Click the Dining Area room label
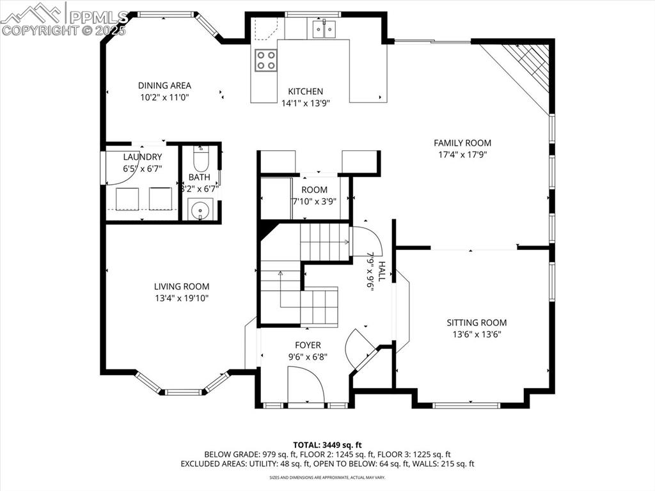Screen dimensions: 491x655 coord(164,86)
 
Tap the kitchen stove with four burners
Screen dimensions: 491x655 coord(266,60)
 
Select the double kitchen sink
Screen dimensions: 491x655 coord(324,29)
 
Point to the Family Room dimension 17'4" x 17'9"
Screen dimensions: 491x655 coord(462,155)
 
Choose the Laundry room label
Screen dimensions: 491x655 coord(143,157)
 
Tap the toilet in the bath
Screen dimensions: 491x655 coord(201,158)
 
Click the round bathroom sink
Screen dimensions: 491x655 coord(201,209)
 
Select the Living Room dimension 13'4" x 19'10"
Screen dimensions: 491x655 coord(182,298)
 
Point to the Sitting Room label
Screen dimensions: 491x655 coord(477,323)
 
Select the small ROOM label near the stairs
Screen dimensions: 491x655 coord(314,190)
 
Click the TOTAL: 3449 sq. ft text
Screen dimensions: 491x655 coord(327,444)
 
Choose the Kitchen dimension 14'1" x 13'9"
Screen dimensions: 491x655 coord(305,102)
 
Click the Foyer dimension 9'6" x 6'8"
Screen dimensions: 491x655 coord(308,357)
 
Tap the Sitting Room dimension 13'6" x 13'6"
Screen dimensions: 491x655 coord(477,334)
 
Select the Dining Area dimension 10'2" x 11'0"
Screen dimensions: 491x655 coord(164,97)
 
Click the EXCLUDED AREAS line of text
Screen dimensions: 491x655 coord(327,464)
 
